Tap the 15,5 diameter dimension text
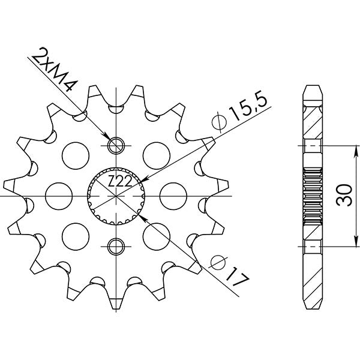tap(244, 107)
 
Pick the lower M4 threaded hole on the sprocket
tap(115, 245)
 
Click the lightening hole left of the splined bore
tap(56, 196)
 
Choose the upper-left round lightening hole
tap(73, 153)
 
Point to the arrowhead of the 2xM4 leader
tap(108, 137)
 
